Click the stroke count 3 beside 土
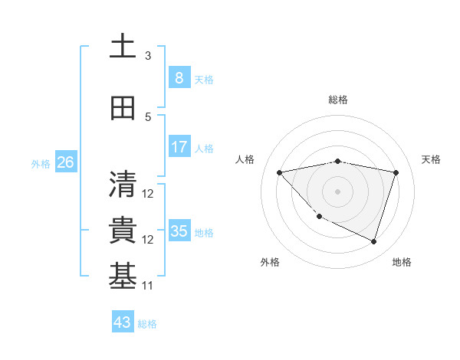(148, 55)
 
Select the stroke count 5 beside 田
(148, 117)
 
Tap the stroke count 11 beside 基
(148, 286)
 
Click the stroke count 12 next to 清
(148, 194)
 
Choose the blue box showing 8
(179, 77)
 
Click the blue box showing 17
(179, 147)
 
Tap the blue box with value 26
(65, 162)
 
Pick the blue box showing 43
(123, 322)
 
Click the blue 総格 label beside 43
(148, 324)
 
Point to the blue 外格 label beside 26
(41, 163)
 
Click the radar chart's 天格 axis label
(431, 159)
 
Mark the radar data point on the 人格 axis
(280, 172)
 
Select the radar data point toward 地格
(374, 242)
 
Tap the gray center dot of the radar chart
(338, 191)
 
